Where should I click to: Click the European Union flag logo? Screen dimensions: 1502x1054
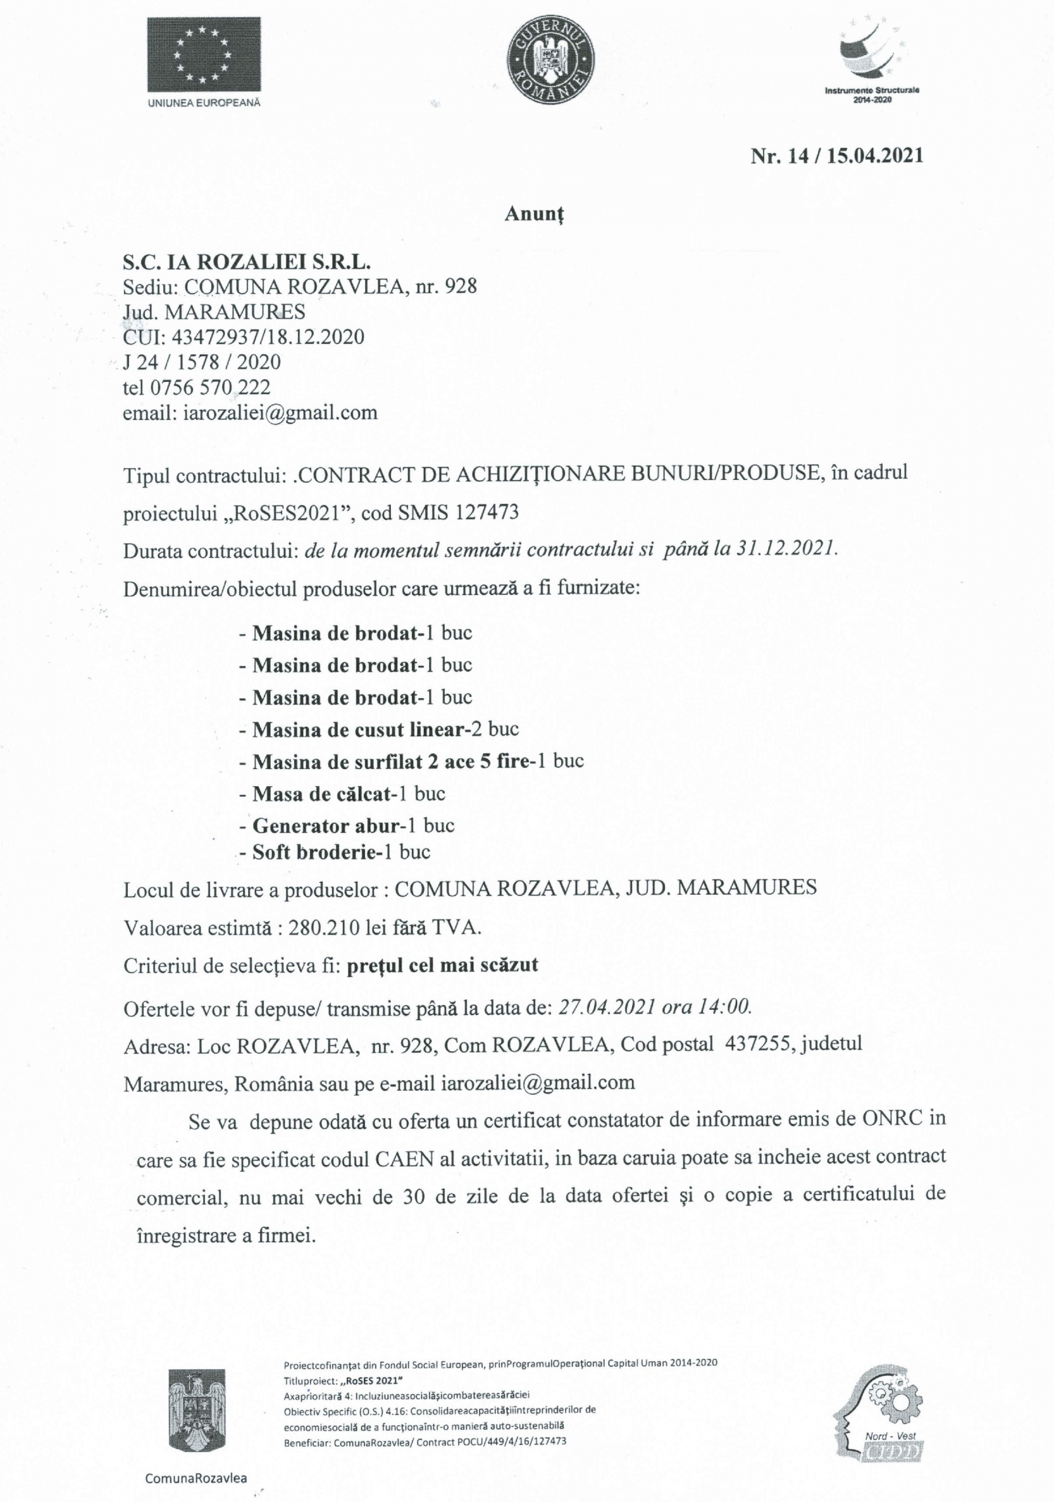tap(204, 55)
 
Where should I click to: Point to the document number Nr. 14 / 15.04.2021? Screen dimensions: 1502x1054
tap(837, 155)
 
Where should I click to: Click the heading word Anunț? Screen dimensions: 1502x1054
tap(534, 214)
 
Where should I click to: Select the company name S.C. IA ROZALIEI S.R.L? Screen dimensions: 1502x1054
tap(246, 262)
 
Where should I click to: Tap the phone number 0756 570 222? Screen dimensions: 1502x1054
tap(210, 387)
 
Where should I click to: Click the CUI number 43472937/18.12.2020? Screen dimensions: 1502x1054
tap(268, 337)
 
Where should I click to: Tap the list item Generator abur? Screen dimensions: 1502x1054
tap(326, 826)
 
